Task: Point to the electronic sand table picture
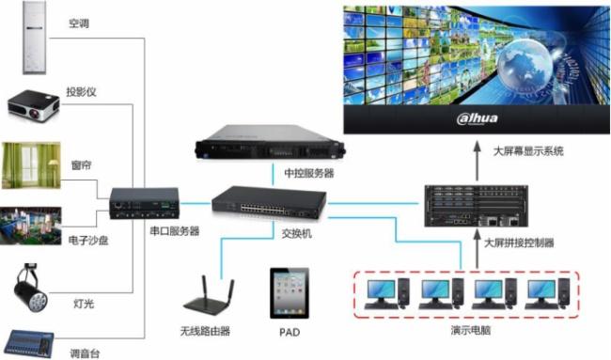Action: click(32, 226)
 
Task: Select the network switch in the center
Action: click(268, 200)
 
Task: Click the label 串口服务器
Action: click(174, 231)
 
